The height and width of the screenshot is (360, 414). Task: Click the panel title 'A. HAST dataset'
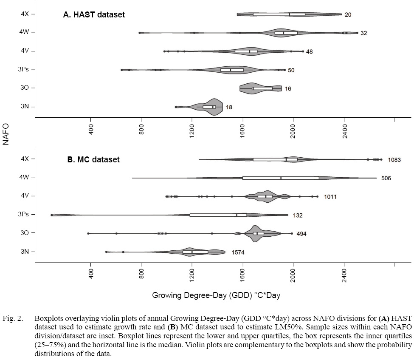(94, 15)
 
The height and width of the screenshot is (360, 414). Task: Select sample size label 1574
(238, 252)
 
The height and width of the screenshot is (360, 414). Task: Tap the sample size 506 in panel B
(386, 178)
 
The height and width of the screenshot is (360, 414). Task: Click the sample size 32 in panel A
(363, 33)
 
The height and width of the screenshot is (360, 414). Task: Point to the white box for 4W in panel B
(281, 178)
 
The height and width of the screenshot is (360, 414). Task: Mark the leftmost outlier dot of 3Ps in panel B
(51, 215)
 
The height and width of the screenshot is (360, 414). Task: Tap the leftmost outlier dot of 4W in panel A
(139, 32)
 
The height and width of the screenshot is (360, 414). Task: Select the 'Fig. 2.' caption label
(11, 318)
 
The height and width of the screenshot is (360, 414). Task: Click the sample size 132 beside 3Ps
(298, 215)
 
